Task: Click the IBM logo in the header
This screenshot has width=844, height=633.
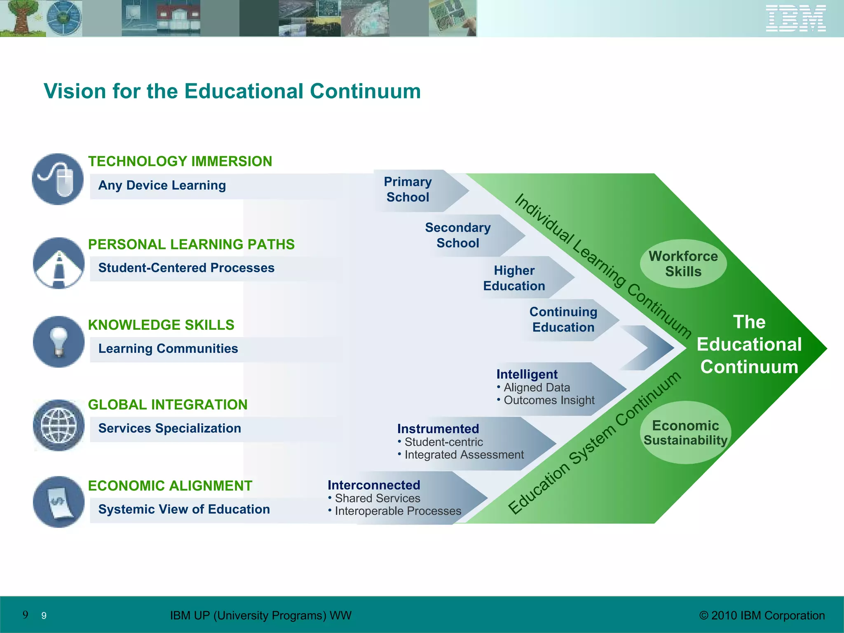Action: (x=795, y=19)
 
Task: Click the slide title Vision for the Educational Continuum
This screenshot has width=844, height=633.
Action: (x=232, y=91)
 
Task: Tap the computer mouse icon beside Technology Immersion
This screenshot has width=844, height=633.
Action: (x=58, y=179)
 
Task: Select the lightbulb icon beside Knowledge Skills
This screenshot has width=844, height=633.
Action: (x=59, y=342)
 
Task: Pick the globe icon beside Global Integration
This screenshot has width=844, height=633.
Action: (x=59, y=425)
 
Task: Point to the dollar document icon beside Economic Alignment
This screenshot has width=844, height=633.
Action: (x=59, y=502)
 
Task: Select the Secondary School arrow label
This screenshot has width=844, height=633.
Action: (x=458, y=235)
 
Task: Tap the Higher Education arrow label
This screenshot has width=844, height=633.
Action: (x=514, y=278)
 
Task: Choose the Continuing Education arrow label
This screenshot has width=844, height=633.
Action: (x=563, y=319)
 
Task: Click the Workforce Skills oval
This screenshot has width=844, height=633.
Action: (x=683, y=264)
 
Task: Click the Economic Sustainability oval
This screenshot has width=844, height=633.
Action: (x=685, y=433)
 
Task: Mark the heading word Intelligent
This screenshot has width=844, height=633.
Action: (x=527, y=374)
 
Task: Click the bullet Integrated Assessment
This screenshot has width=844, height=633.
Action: (x=464, y=455)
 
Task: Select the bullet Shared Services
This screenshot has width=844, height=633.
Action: (x=377, y=498)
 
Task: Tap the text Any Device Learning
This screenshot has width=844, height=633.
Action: (x=162, y=185)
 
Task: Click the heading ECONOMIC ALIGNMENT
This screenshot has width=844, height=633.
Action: (x=170, y=486)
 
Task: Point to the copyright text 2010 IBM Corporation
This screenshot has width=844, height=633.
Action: (x=762, y=615)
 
